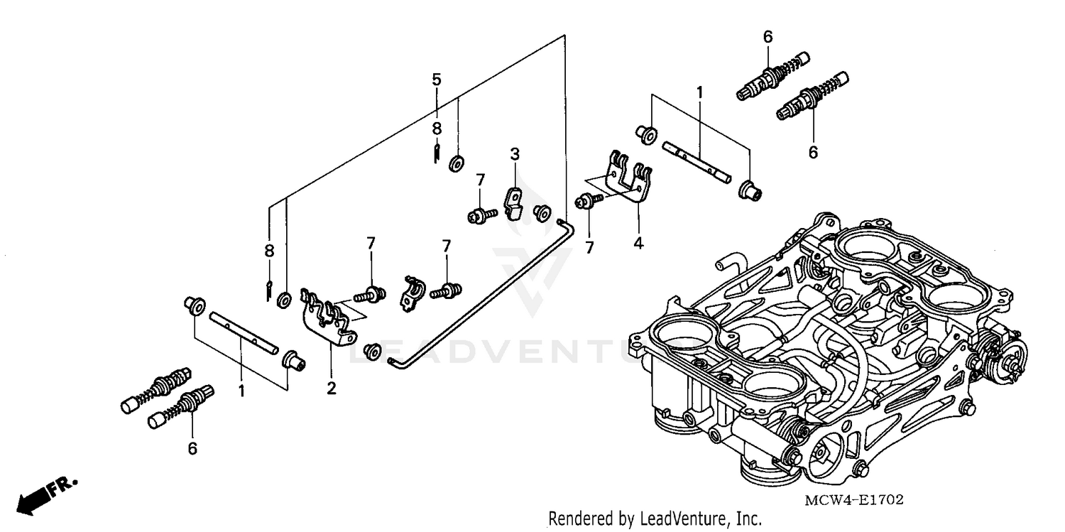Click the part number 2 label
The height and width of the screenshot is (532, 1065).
(x=332, y=389)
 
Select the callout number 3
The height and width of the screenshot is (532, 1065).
(x=515, y=153)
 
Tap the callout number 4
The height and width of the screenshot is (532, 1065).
(x=638, y=243)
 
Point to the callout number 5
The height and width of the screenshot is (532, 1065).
(x=437, y=79)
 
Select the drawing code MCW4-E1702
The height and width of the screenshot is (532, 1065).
(x=853, y=500)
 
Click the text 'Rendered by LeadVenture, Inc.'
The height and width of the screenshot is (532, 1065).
(x=655, y=519)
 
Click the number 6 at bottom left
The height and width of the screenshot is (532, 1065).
(x=192, y=448)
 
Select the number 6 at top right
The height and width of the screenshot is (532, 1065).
(x=768, y=36)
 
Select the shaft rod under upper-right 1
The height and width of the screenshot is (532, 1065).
(x=696, y=160)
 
